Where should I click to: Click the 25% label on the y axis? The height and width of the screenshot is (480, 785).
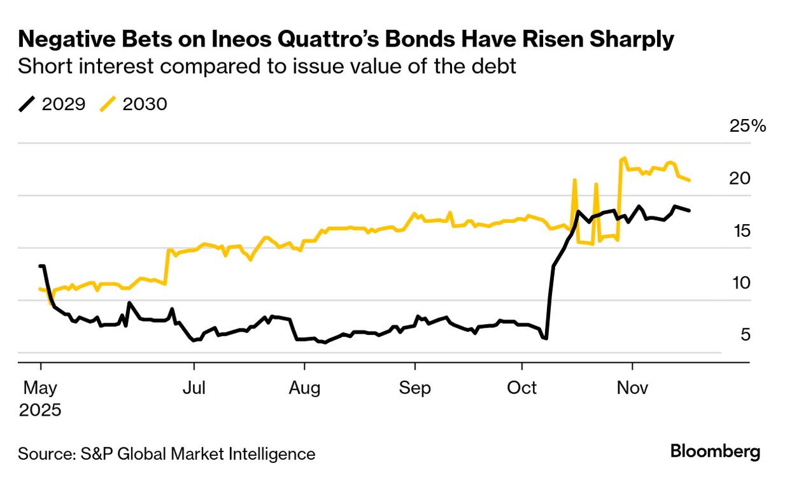coord(747,126)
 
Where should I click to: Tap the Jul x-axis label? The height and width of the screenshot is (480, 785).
coord(194,388)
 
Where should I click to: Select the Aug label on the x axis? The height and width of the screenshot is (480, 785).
coord(304,388)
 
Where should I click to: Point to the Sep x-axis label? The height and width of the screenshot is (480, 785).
coord(415,388)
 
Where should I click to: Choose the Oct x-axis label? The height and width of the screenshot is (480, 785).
coord(522,388)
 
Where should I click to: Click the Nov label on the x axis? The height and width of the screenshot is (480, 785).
coord(633,388)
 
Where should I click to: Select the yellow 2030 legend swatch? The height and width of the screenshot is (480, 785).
coord(108,104)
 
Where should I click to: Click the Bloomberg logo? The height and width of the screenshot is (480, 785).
coord(716,452)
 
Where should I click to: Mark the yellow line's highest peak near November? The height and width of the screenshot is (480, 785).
coord(625,158)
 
